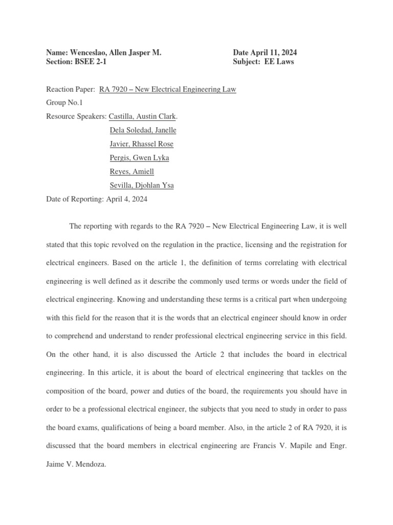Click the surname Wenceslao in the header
pos(88,52)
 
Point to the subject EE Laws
pos(279,62)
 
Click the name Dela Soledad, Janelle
pos(143,130)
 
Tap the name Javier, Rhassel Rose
pos(141,144)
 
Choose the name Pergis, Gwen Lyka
pos(139,158)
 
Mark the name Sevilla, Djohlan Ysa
pos(141,186)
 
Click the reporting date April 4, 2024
pos(126,199)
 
